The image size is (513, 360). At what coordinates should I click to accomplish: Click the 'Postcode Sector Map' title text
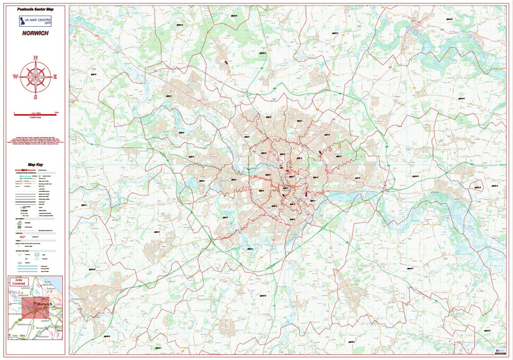tap(36, 11)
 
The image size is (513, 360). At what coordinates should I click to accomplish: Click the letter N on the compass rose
tap(36, 57)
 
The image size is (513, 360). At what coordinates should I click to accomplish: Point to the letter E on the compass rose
tap(55, 77)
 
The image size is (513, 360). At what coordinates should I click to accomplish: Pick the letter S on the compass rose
tap(36, 97)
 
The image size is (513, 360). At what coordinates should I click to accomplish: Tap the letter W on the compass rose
tap(15, 77)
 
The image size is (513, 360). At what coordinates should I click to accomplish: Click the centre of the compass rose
tap(36, 77)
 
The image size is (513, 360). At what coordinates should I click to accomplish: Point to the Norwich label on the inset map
tap(47, 305)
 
